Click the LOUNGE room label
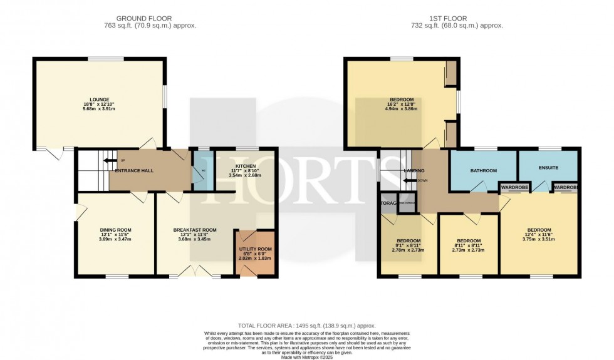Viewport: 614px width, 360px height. [x=100, y=99]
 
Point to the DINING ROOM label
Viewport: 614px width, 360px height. [x=115, y=230]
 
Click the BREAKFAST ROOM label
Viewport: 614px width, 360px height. [x=195, y=230]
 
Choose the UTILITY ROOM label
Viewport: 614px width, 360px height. [x=255, y=249]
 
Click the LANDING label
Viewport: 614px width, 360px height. [x=414, y=170]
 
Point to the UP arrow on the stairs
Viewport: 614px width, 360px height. [x=110, y=160]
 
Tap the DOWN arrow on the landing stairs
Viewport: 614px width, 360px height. [x=410, y=180]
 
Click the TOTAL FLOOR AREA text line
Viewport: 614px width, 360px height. [x=306, y=326]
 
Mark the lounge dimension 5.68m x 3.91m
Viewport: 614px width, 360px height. [x=100, y=109]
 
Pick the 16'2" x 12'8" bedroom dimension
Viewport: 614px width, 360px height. [x=401, y=104]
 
